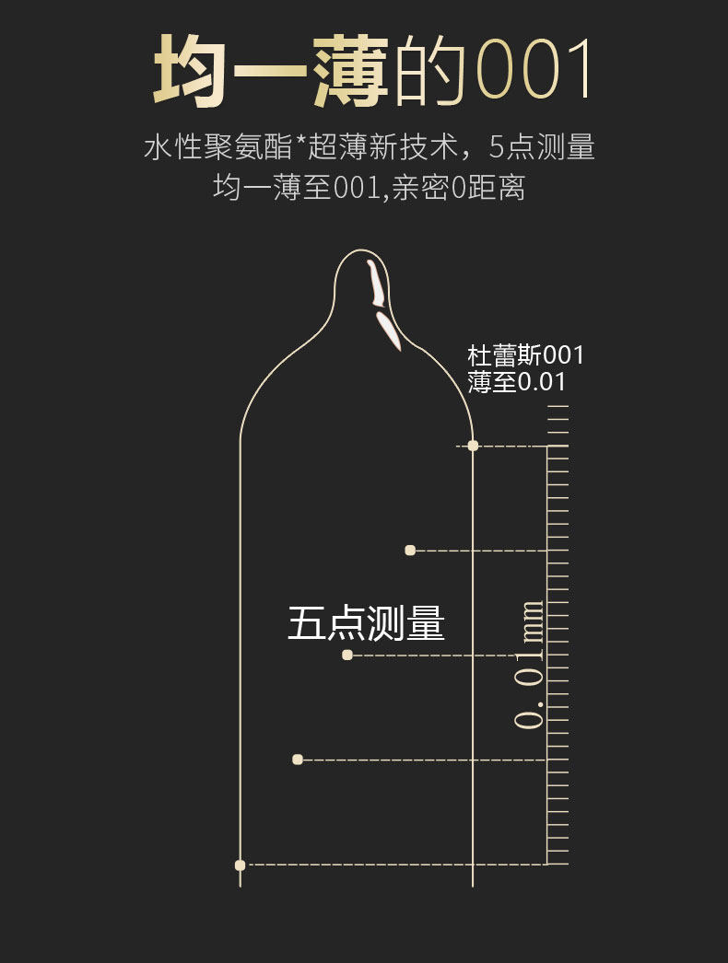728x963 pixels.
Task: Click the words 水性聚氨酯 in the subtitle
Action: [217, 147]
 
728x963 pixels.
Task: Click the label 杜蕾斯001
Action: [525, 355]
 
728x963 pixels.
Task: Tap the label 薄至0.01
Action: [516, 382]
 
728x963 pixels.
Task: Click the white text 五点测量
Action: [366, 623]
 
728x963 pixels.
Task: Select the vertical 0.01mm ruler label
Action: [529, 665]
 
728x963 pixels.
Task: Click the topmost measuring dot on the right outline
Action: [473, 446]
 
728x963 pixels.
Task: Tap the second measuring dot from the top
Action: [410, 551]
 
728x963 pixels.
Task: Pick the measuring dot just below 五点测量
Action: [347, 655]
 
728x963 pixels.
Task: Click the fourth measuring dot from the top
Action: [298, 760]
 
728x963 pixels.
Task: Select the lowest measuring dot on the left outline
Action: [241, 864]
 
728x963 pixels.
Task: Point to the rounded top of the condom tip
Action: [362, 252]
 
